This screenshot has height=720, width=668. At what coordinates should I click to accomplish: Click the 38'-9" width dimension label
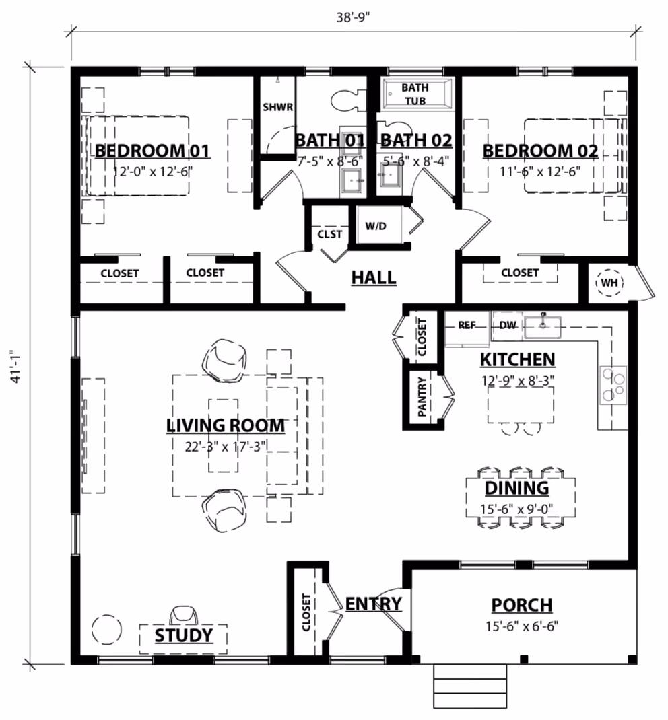[353, 17]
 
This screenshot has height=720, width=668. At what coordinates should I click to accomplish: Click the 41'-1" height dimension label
[17, 367]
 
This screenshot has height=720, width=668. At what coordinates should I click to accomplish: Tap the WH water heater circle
[609, 283]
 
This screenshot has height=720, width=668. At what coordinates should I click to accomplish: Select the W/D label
[376, 226]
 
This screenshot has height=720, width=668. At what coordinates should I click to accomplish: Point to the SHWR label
[278, 107]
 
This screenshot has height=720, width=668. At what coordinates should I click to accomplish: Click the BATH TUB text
[415, 94]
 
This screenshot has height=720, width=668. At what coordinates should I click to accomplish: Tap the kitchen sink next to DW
[543, 327]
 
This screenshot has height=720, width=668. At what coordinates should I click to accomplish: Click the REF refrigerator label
[467, 325]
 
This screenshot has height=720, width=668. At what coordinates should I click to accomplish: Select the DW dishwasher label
[508, 325]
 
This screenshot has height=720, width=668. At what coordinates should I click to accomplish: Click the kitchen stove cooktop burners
[613, 385]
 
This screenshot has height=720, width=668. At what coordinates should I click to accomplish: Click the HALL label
[374, 277]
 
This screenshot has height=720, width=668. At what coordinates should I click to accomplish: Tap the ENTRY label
[374, 604]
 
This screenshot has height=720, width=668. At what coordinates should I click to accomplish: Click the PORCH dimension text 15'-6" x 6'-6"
[522, 626]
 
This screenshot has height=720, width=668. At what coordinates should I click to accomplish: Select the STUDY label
[184, 635]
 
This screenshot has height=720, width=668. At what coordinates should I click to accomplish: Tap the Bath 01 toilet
[347, 101]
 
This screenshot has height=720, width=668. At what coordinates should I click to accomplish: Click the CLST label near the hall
[330, 234]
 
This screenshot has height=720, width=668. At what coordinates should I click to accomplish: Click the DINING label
[517, 488]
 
